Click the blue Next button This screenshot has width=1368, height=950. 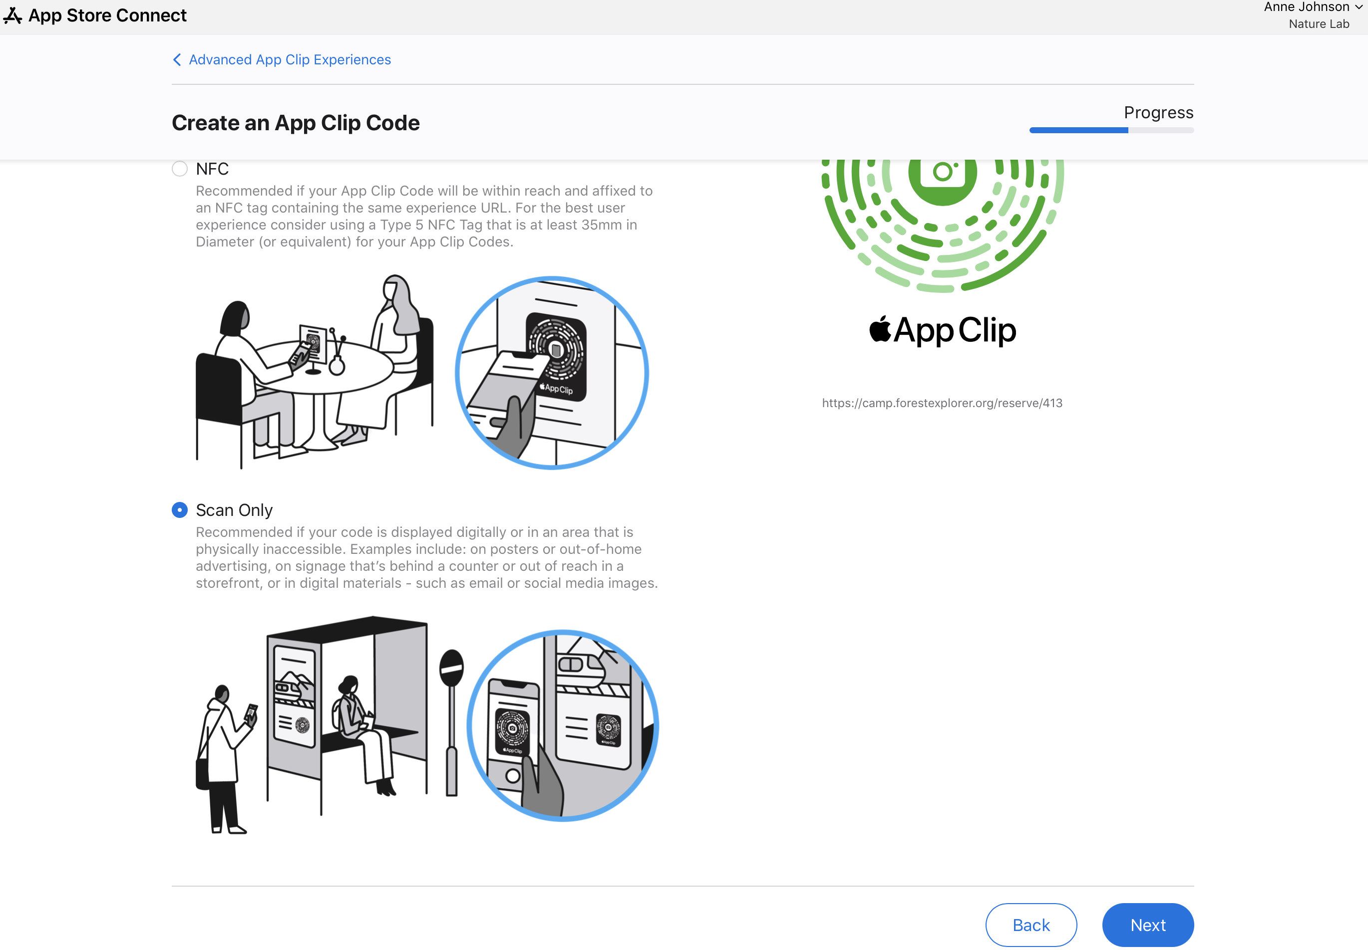[x=1148, y=925]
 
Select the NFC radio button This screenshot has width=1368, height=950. [x=179, y=169]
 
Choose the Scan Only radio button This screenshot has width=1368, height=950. [x=179, y=510]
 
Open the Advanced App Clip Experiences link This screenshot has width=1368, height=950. [x=290, y=59]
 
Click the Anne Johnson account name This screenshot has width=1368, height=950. [x=1307, y=7]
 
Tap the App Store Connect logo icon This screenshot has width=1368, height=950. [x=12, y=15]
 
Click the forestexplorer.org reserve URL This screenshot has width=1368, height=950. [x=942, y=403]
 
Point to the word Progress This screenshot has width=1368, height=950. [x=1158, y=112]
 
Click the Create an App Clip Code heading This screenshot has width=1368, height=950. [x=296, y=123]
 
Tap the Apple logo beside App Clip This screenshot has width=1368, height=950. [x=880, y=329]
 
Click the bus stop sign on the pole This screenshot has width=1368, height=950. [x=451, y=667]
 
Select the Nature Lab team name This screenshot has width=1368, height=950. [x=1319, y=24]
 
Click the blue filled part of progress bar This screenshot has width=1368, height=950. [x=1078, y=130]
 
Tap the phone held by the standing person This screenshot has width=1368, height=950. [x=251, y=715]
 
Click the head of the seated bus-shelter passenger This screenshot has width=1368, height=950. [x=348, y=687]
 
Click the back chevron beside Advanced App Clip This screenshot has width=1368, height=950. [x=177, y=59]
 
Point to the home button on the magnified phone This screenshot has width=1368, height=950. [x=512, y=775]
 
